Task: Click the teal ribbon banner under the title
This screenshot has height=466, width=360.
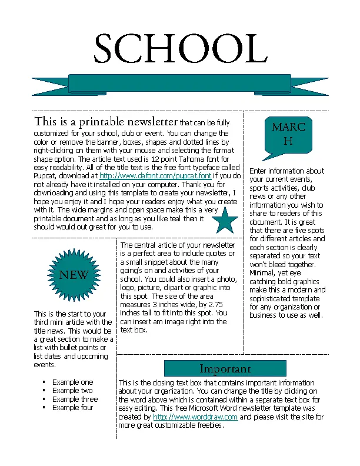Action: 180,84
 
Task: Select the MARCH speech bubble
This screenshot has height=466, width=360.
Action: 288,135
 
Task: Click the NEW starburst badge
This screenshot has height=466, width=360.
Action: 74,275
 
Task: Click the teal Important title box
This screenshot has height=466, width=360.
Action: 225,369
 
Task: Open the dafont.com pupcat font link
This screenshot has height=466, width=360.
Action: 155,176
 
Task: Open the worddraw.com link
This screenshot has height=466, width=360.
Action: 195,417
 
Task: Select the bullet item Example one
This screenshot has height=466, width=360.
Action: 72,382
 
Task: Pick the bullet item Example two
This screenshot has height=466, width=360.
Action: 72,390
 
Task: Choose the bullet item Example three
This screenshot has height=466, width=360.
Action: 75,399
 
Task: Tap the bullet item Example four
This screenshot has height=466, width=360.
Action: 73,407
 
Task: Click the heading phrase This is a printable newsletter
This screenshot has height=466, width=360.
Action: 106,122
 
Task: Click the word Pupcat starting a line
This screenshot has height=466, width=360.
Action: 45,176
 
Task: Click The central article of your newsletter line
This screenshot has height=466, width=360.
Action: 178,245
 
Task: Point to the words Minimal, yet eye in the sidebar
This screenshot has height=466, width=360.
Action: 275,273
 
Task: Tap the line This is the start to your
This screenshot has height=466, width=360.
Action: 70,314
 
